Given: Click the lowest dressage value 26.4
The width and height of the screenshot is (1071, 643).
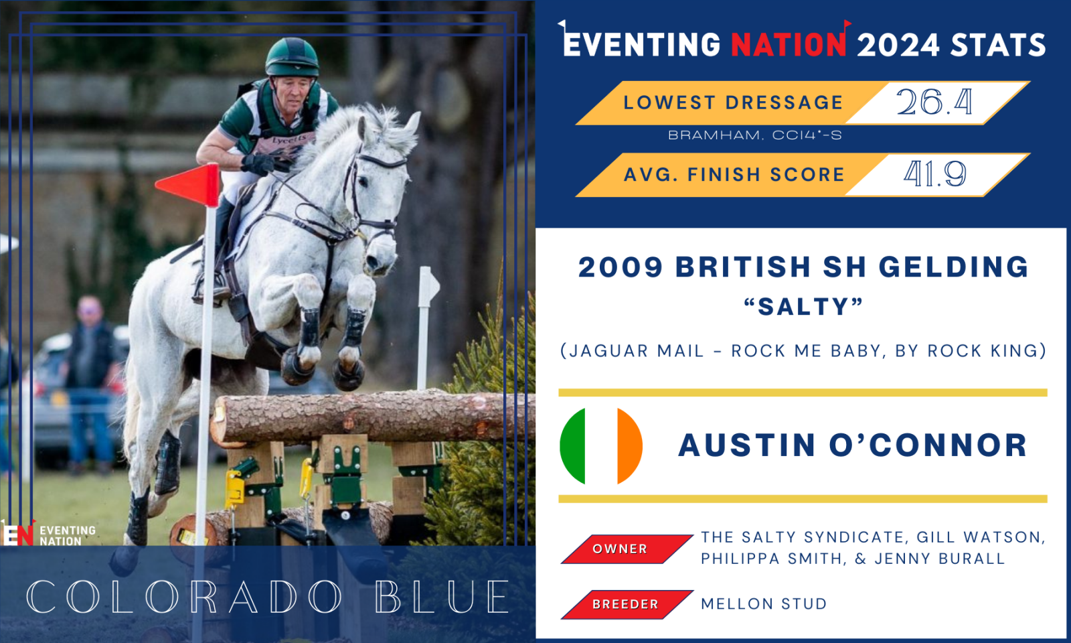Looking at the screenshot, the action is pos(934,102).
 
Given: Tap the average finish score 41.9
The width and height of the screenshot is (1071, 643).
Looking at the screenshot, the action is pos(934,173).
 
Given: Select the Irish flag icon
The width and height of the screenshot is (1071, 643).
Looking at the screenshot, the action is pos(601,446).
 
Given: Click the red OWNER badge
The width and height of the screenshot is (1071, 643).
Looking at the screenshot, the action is pos(627,549).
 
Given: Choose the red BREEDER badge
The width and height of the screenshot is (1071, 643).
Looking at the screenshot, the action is pos(627,604).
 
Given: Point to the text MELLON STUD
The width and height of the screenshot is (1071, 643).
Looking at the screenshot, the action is pos(764,603).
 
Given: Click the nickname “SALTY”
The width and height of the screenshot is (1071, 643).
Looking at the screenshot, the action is pos(803,307).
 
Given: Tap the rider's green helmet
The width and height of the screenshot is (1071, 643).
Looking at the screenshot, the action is pos(292,58).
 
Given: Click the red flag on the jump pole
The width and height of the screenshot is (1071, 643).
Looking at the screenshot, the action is pos(188,185).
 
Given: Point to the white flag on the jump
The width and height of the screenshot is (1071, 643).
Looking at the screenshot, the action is pos(429,287).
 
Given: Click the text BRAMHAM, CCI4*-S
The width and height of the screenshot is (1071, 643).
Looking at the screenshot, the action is pos(754,135).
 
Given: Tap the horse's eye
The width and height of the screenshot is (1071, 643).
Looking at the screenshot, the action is pos(363,181).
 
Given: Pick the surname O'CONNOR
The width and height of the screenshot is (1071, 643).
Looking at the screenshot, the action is pos(928,445).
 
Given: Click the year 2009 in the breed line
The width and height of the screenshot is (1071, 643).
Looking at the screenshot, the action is pos(621,267).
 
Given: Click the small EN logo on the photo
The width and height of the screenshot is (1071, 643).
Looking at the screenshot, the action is pos(18,533).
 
